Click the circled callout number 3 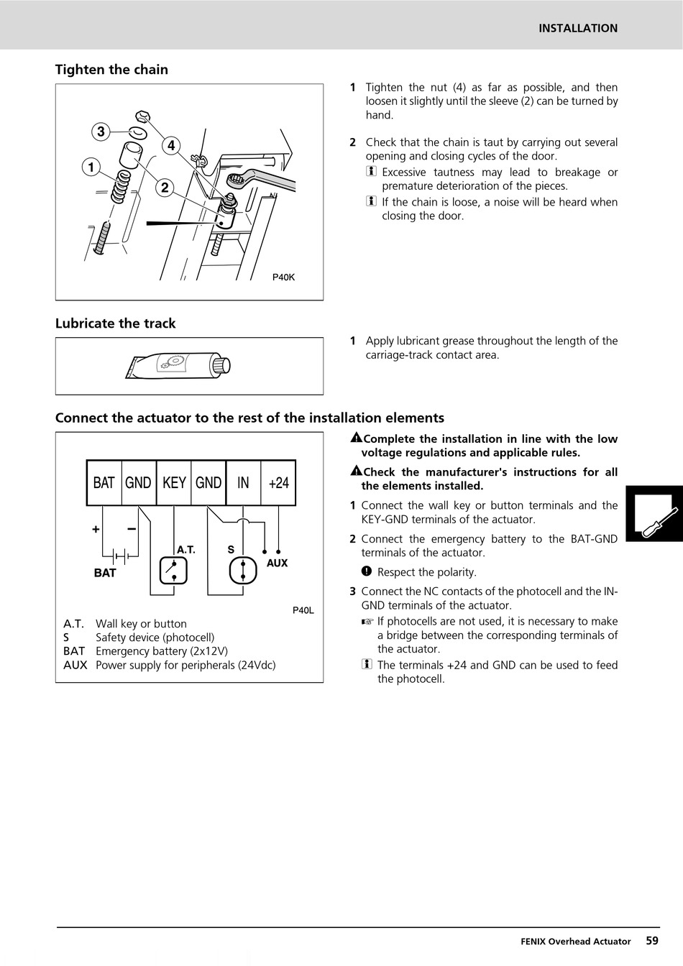(101, 132)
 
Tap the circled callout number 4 (171, 146)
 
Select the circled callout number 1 (91, 167)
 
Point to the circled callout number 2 (165, 188)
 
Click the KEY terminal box (174, 482)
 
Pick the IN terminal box (243, 482)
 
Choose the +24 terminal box (278, 482)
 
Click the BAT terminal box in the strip (104, 482)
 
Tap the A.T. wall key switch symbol (173, 570)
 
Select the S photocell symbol (243, 570)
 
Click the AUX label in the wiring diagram (277, 563)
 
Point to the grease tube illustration (178, 366)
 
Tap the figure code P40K (283, 277)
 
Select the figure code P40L (303, 610)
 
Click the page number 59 (651, 940)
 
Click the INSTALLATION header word (578, 28)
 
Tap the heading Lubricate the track (116, 323)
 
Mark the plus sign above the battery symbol (96, 530)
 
